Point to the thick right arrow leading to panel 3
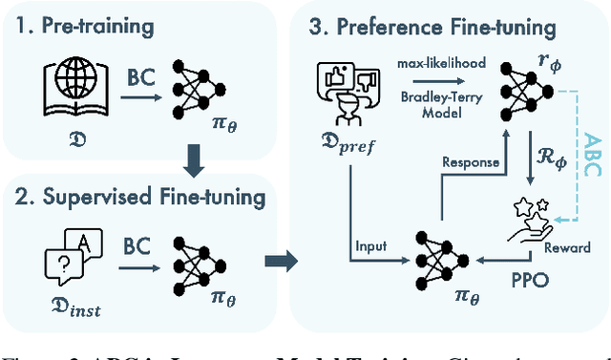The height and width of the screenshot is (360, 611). click(277, 258)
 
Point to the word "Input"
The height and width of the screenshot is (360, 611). click(369, 246)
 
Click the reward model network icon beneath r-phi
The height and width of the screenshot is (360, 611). click(521, 91)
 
